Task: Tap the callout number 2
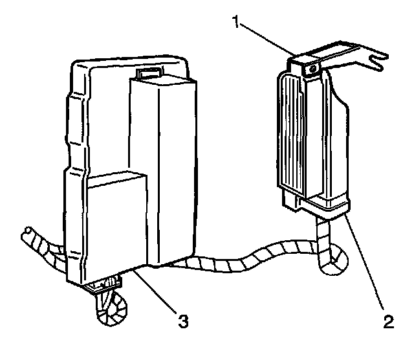pos(389,321)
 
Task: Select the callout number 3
pos(183,319)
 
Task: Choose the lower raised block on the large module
pos(117,220)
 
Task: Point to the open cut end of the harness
pos(28,231)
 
